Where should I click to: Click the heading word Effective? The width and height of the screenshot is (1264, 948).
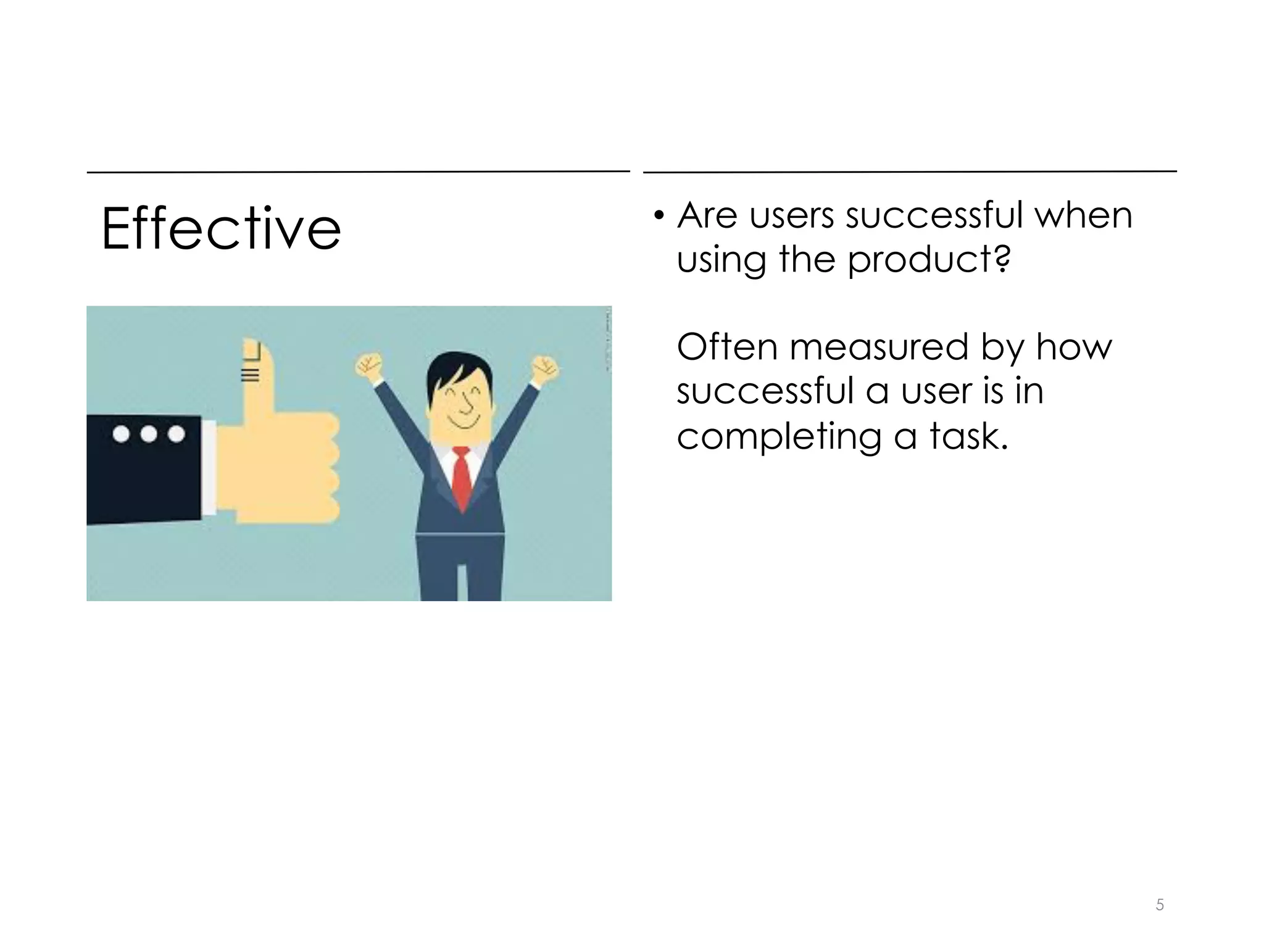point(221,229)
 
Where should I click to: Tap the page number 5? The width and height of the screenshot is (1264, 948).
point(1160,905)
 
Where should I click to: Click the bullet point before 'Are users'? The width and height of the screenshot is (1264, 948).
point(659,216)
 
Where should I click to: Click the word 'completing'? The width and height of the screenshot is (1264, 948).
point(779,436)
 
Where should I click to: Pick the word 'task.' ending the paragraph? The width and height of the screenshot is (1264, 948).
point(968,436)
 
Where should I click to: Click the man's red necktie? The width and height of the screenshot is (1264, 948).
point(462,478)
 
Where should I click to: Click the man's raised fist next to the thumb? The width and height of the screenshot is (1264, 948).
point(369,367)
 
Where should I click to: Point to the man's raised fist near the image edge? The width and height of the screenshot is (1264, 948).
point(545,368)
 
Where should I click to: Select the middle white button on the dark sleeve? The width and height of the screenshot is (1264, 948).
point(149,434)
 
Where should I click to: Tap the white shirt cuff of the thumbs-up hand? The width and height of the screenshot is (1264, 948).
point(209,467)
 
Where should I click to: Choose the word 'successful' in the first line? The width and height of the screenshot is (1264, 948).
point(934,215)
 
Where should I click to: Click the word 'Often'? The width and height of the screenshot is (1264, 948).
point(727,347)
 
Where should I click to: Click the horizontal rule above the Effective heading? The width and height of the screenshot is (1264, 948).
point(358,172)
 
